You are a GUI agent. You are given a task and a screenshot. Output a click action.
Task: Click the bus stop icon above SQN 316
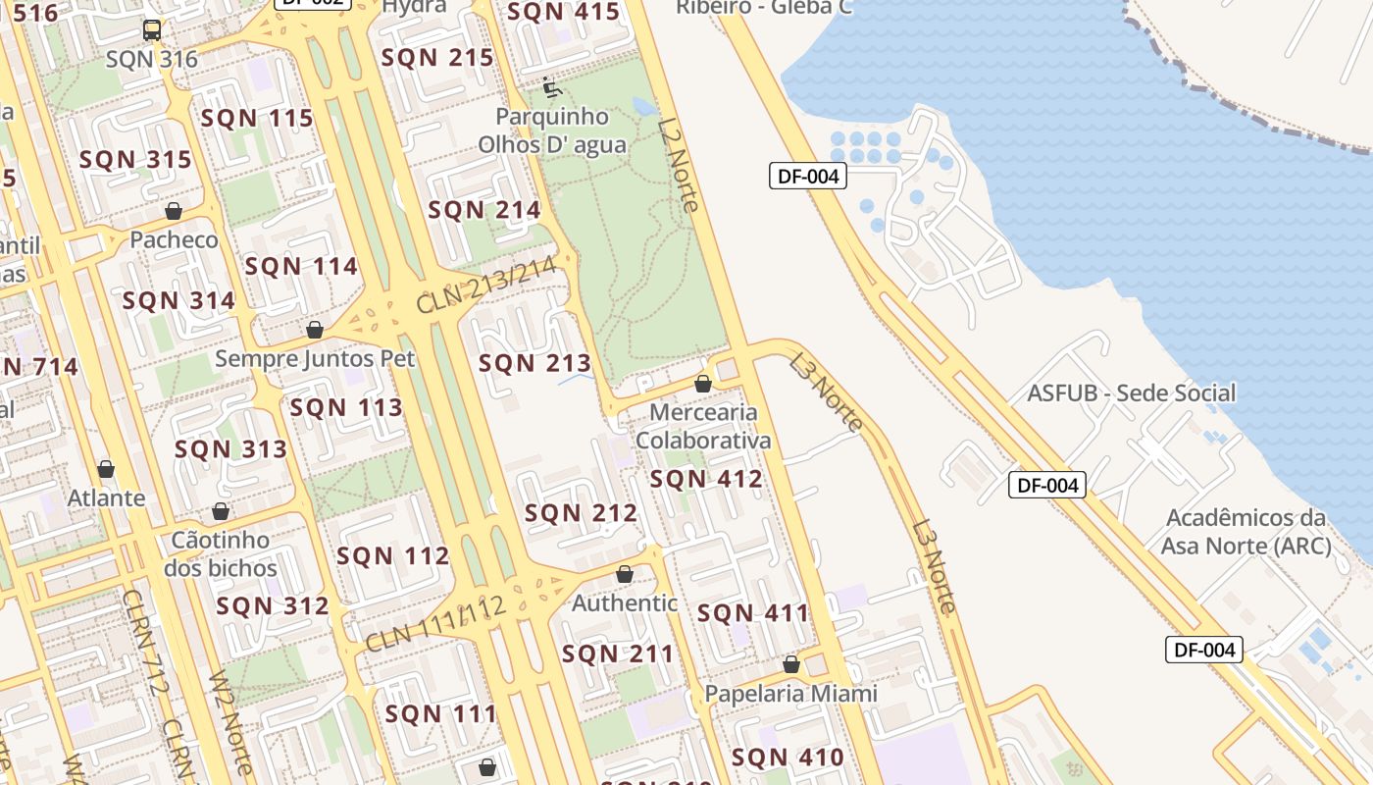pyautogui.click(x=152, y=30)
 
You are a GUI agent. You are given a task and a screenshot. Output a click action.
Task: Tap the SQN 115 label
pyautogui.click(x=257, y=119)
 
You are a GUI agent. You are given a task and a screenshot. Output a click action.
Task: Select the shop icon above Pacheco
pyautogui.click(x=174, y=211)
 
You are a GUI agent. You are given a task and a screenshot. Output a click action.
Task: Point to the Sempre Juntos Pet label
pyautogui.click(x=315, y=358)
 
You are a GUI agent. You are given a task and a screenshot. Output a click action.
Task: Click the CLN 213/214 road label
pyautogui.click(x=487, y=285)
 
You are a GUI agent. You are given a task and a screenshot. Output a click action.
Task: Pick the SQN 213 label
pyautogui.click(x=534, y=364)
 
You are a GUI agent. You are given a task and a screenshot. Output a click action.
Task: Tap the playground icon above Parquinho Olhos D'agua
pyautogui.click(x=552, y=88)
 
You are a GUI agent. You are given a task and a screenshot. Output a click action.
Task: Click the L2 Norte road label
pyautogui.click(x=680, y=165)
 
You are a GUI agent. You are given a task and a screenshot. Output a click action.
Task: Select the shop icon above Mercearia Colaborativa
pyautogui.click(x=703, y=384)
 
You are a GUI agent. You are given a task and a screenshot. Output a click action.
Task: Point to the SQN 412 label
pyautogui.click(x=706, y=479)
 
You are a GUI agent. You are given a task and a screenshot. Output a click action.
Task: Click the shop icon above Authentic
pyautogui.click(x=625, y=574)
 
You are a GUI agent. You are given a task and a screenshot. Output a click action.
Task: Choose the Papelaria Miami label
pyautogui.click(x=790, y=694)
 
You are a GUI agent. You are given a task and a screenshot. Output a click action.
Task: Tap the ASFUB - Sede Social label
pyautogui.click(x=1132, y=393)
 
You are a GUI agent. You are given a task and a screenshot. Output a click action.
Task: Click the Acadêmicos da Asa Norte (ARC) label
pyautogui.click(x=1246, y=531)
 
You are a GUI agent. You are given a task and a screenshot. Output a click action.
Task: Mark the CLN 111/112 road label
pyautogui.click(x=435, y=624)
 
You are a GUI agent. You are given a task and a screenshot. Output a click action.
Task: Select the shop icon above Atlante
pyautogui.click(x=106, y=470)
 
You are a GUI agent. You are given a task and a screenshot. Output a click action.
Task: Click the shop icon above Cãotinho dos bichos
pyautogui.click(x=222, y=511)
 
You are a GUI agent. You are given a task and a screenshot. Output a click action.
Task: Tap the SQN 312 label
pyautogui.click(x=273, y=606)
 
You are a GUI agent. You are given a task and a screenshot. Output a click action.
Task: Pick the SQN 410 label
pyautogui.click(x=788, y=758)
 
